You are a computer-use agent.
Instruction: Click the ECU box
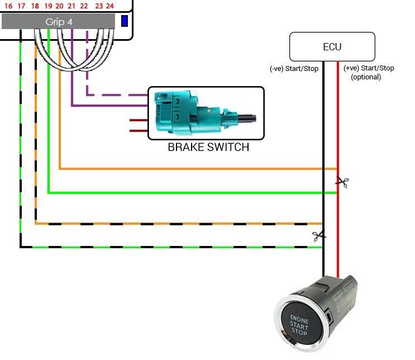click(x=332, y=47)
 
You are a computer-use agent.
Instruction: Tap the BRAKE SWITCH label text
click(x=208, y=148)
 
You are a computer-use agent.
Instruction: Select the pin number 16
click(x=8, y=6)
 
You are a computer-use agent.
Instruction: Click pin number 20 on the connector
click(x=59, y=6)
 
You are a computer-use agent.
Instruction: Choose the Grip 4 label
click(x=59, y=22)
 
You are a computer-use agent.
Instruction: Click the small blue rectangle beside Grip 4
click(x=125, y=21)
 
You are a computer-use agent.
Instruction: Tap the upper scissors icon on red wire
click(x=342, y=181)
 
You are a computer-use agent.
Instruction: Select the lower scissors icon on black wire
click(x=319, y=236)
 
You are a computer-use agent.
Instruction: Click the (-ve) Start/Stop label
click(x=295, y=69)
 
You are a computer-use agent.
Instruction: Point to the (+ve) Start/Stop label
click(x=369, y=68)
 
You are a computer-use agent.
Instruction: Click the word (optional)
click(x=366, y=77)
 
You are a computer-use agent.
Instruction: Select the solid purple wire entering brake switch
click(x=112, y=105)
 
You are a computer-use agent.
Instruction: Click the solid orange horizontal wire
click(x=195, y=168)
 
